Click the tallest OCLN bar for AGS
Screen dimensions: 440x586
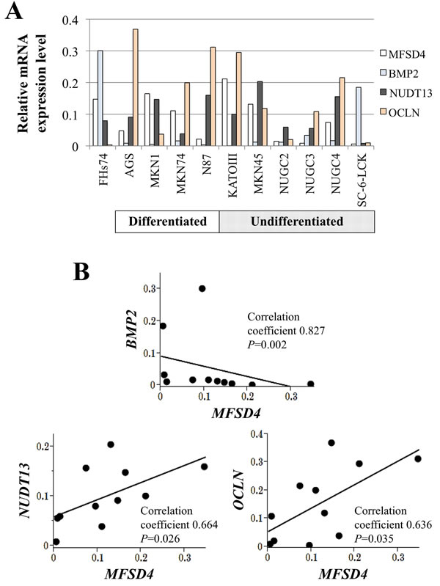(x=136, y=87)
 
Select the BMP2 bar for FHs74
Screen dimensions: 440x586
(x=100, y=98)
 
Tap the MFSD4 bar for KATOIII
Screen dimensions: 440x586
(x=224, y=112)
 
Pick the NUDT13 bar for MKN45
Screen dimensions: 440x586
(x=260, y=114)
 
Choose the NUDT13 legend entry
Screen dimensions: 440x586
(x=406, y=93)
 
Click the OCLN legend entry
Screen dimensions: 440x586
(x=400, y=112)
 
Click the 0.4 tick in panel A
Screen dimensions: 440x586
(x=70, y=20)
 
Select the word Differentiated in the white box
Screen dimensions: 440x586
(x=167, y=221)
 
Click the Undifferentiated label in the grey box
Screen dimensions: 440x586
(x=297, y=221)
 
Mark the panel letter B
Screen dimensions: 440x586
(x=81, y=272)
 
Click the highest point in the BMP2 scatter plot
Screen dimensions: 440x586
(x=202, y=288)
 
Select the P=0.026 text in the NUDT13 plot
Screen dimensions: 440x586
(x=160, y=538)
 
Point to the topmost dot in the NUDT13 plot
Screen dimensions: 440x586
(x=111, y=444)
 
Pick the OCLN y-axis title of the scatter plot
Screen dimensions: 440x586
(x=238, y=490)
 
